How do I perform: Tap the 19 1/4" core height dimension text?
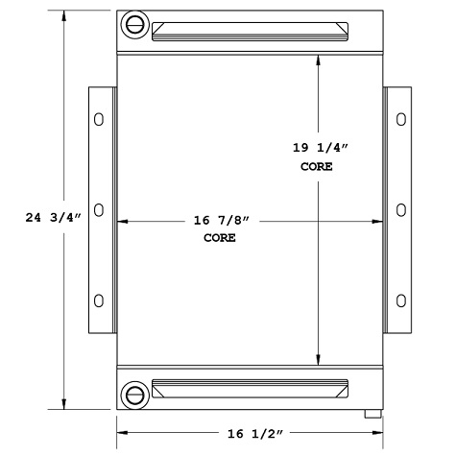point(317,149)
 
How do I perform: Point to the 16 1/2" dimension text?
point(249,435)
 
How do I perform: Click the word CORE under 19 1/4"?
point(317,166)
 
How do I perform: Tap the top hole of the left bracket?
point(98,120)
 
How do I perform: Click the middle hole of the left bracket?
point(98,209)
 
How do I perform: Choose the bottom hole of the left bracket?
point(98,299)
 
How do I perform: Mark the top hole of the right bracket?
point(399,120)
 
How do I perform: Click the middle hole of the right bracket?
point(399,209)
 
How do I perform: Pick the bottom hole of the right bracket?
point(399,299)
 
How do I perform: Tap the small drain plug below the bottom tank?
point(371,415)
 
